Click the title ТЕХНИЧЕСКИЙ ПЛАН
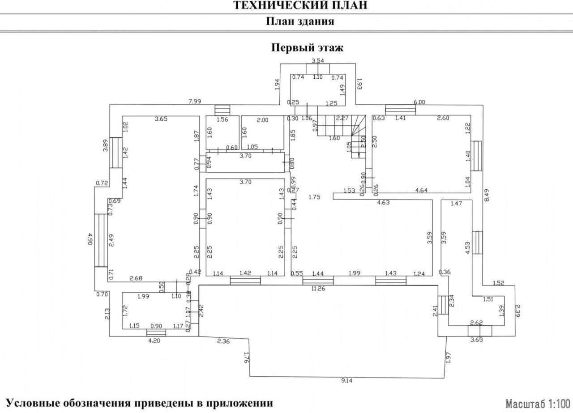coord(300,5)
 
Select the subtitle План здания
coord(300,21)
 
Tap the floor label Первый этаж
coord(308,48)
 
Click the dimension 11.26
coord(318,289)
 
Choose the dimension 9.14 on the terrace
coord(346,381)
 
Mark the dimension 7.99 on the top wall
coord(195,102)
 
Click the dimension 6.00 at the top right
coord(419,102)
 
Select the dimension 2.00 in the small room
coord(262,119)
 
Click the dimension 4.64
coord(423,190)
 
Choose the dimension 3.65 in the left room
coord(161,119)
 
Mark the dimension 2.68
coord(136,279)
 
